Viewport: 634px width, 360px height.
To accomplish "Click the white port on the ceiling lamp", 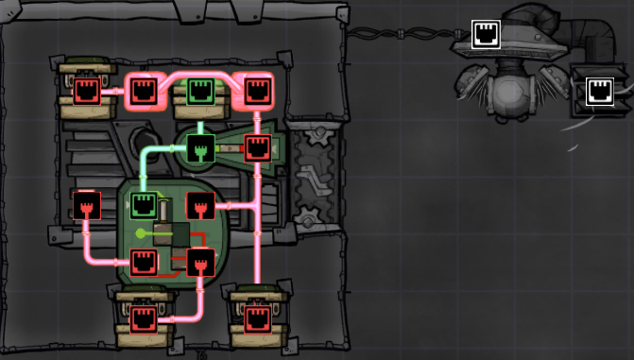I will tap(486, 35).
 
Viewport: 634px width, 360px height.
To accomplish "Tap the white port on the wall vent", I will tap(599, 91).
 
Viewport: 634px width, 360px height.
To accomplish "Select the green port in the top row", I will tap(199, 92).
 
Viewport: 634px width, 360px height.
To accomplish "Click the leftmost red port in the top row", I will tap(87, 92).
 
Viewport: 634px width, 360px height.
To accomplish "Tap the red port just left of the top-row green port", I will tap(143, 92).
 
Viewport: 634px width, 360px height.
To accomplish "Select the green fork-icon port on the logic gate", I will tap(199, 147).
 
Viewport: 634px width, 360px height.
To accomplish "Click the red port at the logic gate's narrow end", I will tap(257, 147).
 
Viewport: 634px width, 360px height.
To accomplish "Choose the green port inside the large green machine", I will tap(143, 204).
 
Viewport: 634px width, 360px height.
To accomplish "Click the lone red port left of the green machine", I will tap(87, 204).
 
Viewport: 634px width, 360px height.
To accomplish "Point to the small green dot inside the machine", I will tap(141, 232).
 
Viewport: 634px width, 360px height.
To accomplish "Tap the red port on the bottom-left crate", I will tap(143, 317).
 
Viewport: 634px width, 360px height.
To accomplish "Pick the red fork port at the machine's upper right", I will tap(199, 204).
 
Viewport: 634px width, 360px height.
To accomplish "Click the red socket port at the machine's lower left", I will tap(143, 262).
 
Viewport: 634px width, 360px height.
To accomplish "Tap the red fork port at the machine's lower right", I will tap(199, 262).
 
